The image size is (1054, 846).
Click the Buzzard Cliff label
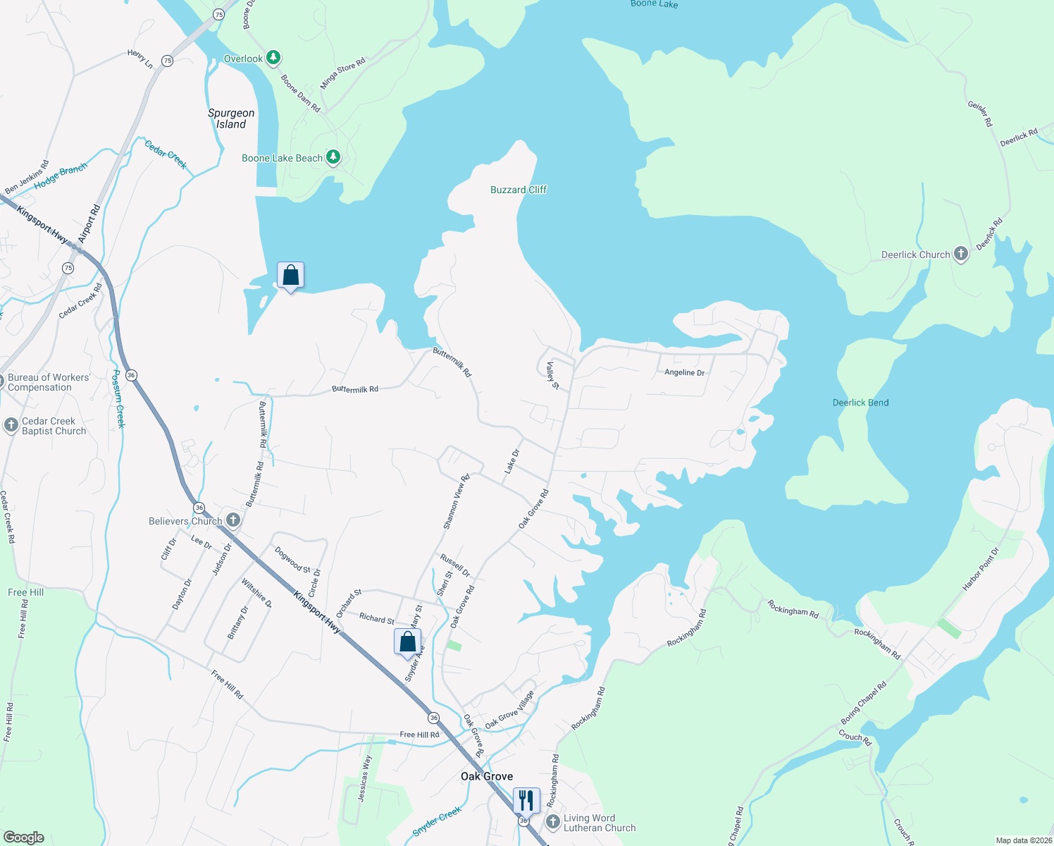[x=519, y=190]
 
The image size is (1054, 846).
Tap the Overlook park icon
[x=273, y=58]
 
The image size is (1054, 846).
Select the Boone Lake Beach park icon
[x=333, y=157]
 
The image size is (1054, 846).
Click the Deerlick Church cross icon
[x=961, y=254]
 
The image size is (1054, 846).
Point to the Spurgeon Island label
[x=231, y=118]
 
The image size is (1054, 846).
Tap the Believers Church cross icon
[x=233, y=520]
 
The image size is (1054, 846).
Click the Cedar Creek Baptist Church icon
[x=11, y=425]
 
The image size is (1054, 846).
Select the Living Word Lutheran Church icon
[x=553, y=822]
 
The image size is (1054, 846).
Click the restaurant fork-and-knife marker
[x=526, y=801]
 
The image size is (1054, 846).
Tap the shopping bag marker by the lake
[x=290, y=276]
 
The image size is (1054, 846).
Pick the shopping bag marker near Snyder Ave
[x=407, y=642]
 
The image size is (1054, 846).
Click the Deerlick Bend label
[x=860, y=403]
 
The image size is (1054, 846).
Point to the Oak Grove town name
[x=487, y=776]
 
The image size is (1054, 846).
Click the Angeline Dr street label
[x=684, y=372]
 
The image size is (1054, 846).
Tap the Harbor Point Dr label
[x=981, y=569]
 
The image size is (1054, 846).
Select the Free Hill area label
[x=26, y=592]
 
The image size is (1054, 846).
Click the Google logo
[x=24, y=838]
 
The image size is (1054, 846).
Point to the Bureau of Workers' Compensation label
[x=49, y=382]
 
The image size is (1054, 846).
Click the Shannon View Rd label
[x=456, y=501]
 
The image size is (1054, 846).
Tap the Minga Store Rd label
[x=343, y=73]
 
